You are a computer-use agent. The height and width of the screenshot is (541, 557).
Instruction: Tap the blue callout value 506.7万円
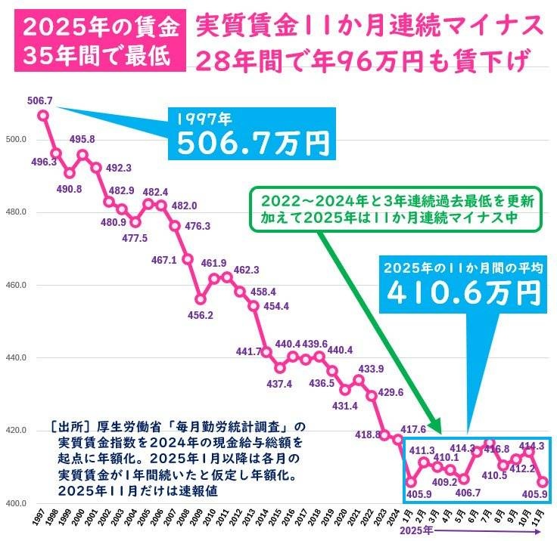point(253,141)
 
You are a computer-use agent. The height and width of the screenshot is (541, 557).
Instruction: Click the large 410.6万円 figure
point(465,291)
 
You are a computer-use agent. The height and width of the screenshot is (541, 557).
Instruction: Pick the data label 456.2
point(200,314)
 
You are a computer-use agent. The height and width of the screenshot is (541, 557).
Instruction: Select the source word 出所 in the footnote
point(66,427)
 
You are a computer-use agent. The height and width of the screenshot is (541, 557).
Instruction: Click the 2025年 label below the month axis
point(416,531)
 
